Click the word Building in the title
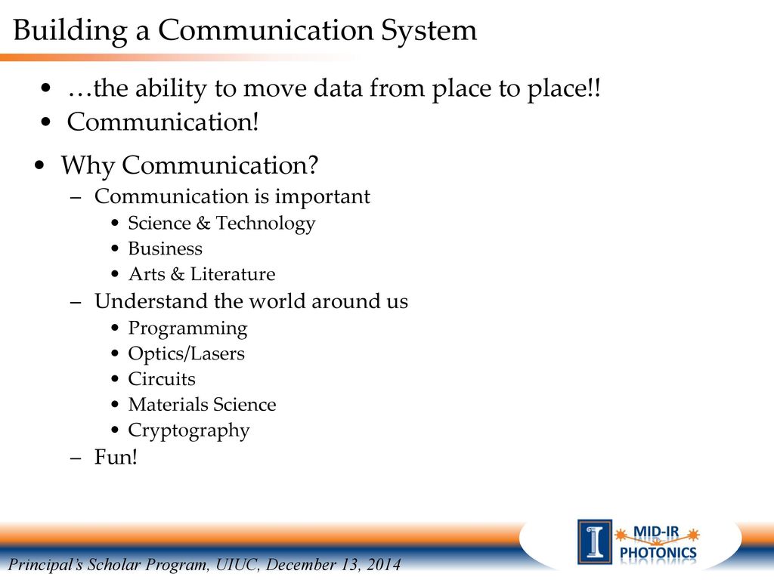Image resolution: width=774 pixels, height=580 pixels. coord(70,31)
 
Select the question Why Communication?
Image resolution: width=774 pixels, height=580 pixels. coord(190,165)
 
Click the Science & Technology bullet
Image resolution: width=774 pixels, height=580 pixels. coord(221,224)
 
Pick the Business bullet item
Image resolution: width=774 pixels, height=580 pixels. coord(166,248)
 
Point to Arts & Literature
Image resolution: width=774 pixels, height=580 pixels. coord(202,274)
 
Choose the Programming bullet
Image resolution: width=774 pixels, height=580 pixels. coord(187,329)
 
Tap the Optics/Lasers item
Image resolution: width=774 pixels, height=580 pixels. coord(187,354)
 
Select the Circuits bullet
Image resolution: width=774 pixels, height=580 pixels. coord(162,379)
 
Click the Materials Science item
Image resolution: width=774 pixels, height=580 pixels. coord(203,405)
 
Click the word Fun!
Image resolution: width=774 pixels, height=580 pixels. coord(116,457)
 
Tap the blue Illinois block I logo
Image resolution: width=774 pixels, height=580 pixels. coord(595,541)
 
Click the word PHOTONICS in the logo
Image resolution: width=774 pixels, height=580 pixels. coord(658,552)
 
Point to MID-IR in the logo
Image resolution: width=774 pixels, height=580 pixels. coord(656,532)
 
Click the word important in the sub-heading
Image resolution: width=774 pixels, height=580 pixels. coord(322,197)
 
